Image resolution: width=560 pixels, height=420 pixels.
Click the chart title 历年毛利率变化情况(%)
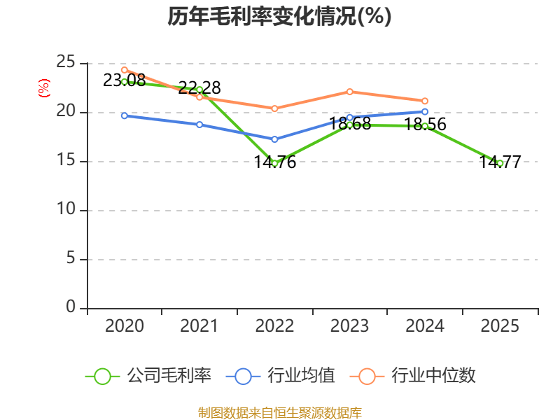point(279,17)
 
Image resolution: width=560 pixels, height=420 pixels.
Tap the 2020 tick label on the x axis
point(124,325)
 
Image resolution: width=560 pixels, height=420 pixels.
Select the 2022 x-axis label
point(274,325)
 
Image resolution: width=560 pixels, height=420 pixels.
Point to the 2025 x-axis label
point(500,325)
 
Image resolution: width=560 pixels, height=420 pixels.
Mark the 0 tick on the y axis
point(71,308)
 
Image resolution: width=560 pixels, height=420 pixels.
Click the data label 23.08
point(124,80)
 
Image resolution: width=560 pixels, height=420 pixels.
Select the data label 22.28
point(199,88)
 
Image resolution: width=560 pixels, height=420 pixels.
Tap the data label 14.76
point(274,162)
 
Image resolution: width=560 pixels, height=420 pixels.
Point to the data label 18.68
point(350,124)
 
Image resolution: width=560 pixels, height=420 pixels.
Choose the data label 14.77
point(500,162)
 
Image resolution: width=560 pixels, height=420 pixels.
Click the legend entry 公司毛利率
point(168,376)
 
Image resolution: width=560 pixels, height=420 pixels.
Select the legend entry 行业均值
point(301,376)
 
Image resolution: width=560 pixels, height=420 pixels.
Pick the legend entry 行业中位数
point(433,376)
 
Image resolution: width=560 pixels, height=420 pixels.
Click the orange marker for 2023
point(350,92)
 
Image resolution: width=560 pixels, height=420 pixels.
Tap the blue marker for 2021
point(199,125)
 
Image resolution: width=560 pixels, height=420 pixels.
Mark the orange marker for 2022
point(274,108)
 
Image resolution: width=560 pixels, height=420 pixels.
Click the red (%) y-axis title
point(43,88)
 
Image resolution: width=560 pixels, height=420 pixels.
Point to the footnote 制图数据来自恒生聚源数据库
point(279,412)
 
